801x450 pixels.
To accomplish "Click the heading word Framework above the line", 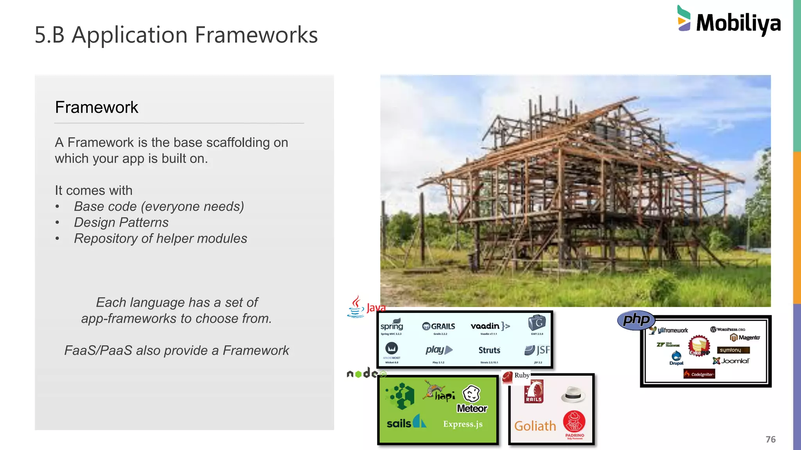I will (97, 107).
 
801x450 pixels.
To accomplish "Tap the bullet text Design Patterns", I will (121, 222).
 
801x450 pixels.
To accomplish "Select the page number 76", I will (770, 439).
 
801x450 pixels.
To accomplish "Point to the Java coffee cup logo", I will (356, 307).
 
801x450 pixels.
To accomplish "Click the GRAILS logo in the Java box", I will (439, 326).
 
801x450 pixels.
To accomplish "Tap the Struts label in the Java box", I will (489, 350).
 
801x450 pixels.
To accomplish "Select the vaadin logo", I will (490, 326).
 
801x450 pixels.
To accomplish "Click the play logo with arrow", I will (439, 350).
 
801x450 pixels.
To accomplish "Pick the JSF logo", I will (537, 350).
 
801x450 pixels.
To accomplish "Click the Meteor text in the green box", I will (472, 408).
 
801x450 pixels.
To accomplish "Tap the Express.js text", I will (463, 424).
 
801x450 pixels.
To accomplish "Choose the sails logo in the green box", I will (406, 422).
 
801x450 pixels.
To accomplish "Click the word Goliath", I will (535, 426).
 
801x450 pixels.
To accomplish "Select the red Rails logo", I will (534, 391).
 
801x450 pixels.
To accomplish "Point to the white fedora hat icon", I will (573, 394).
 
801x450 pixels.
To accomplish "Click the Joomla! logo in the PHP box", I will (731, 361).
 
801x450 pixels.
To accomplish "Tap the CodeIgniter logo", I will (699, 374).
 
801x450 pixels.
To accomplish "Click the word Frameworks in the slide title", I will (256, 35).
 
